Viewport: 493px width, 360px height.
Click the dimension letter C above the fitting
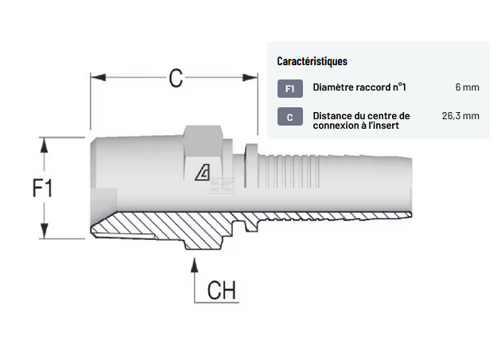[x=176, y=78]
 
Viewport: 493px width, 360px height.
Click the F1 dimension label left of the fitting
[x=42, y=188]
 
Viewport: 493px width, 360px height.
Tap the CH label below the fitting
[x=222, y=290]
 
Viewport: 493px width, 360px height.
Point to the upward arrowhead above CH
[x=194, y=263]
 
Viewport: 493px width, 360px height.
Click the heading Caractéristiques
[x=312, y=61]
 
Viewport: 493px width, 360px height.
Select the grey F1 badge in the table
[x=289, y=88]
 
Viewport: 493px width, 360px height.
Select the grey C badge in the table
[x=289, y=117]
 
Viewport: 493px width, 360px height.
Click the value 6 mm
[x=467, y=87]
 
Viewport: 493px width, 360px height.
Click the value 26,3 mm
[x=460, y=116]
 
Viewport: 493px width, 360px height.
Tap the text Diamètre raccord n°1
[x=359, y=87]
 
